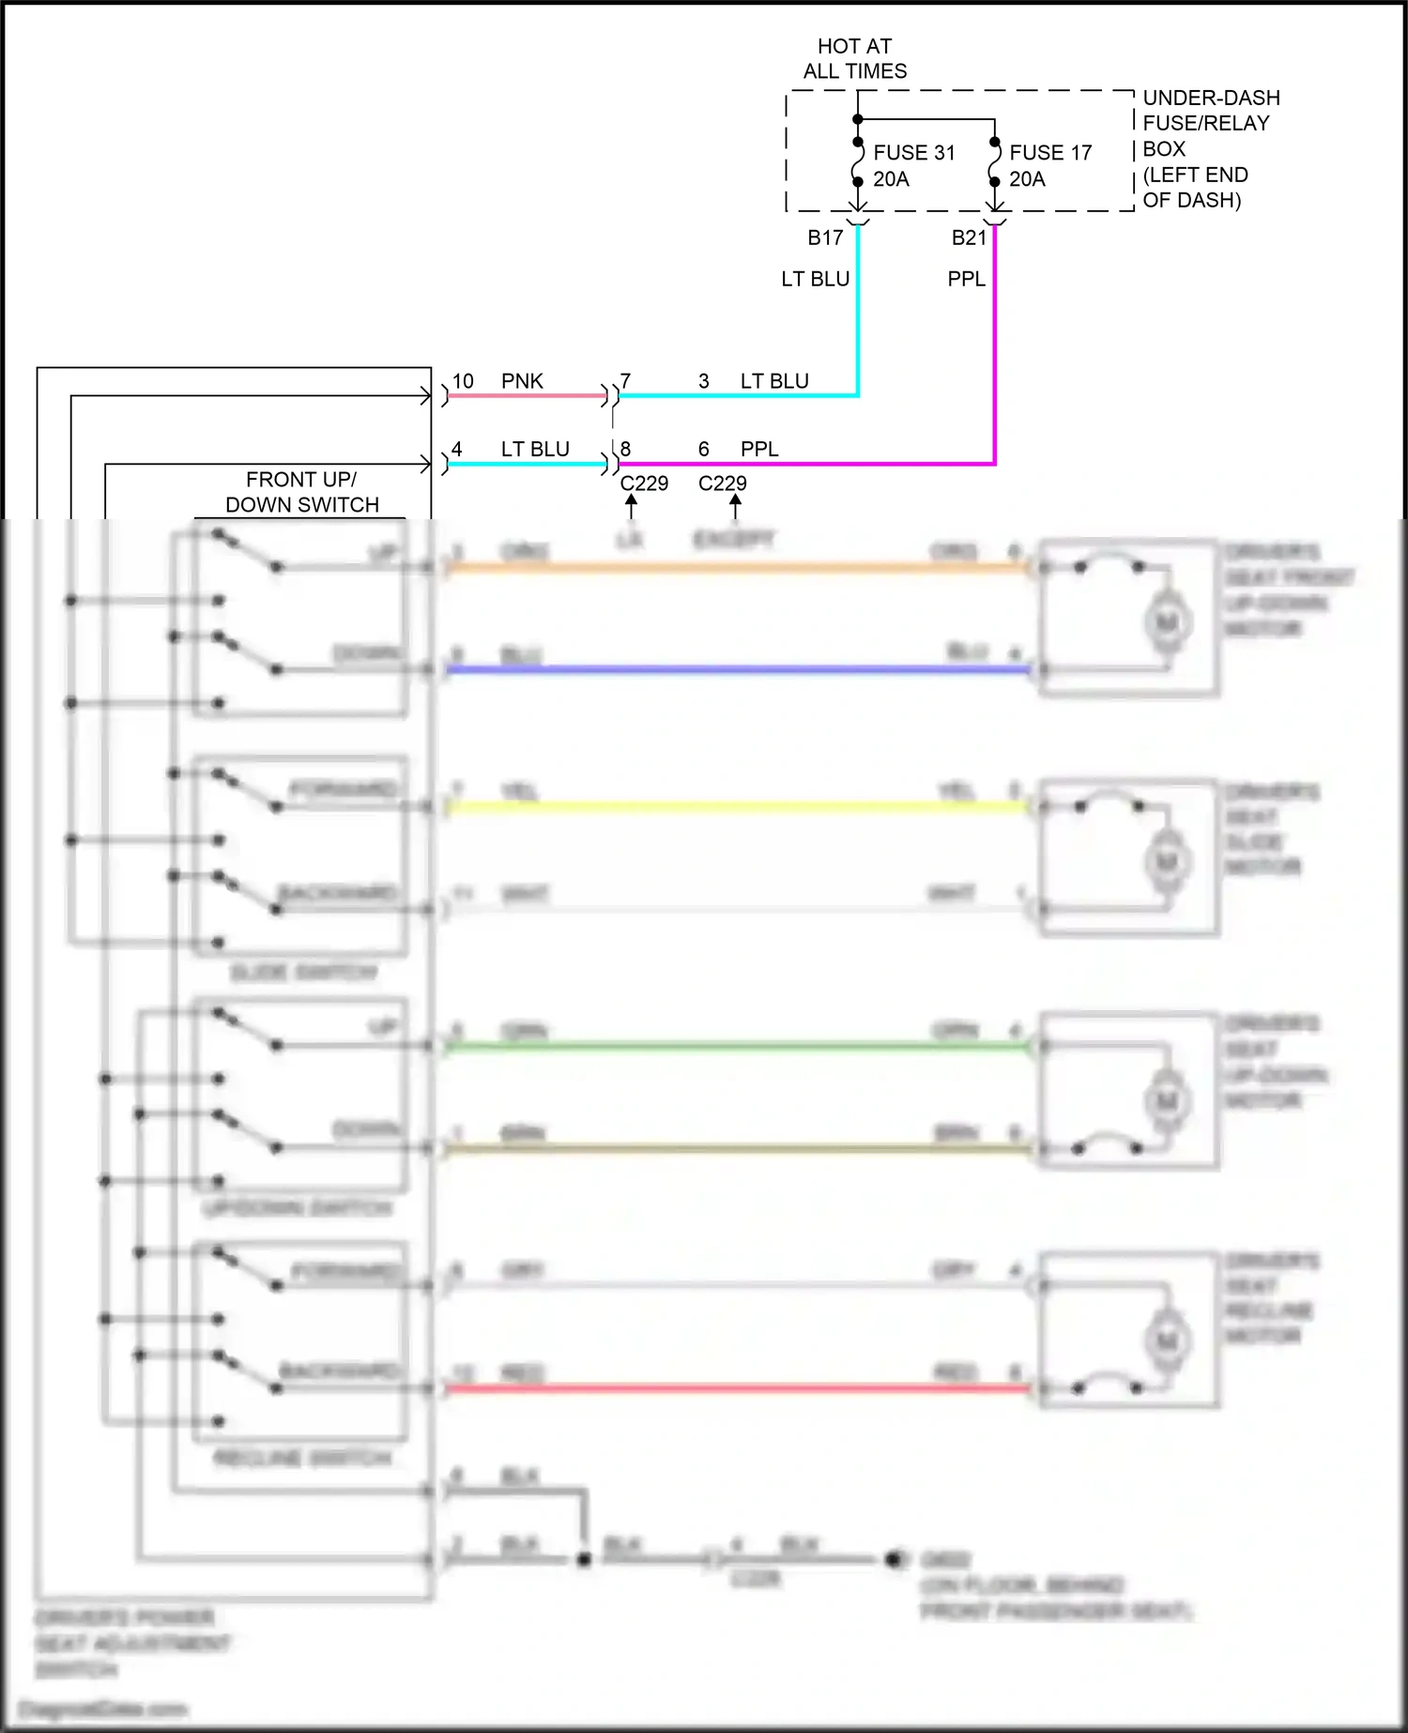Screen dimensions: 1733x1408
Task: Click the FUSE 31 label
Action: tap(913, 153)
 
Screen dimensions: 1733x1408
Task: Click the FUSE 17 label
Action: tap(1050, 153)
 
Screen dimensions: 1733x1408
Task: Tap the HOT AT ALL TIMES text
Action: tap(854, 58)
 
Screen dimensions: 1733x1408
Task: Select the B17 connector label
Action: tap(825, 238)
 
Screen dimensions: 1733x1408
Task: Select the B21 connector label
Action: tap(969, 238)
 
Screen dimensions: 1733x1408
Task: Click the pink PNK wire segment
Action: tap(526, 396)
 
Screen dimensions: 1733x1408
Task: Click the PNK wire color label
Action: tap(522, 381)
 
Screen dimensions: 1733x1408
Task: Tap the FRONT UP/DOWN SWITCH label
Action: tap(301, 492)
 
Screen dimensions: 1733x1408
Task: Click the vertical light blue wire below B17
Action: tap(858, 319)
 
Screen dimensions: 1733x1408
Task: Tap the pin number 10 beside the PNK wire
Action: tap(463, 381)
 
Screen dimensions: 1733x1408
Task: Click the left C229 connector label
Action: tap(644, 483)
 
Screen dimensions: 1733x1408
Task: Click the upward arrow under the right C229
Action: tap(735, 505)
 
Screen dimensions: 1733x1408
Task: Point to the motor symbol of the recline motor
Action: tap(1167, 1340)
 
